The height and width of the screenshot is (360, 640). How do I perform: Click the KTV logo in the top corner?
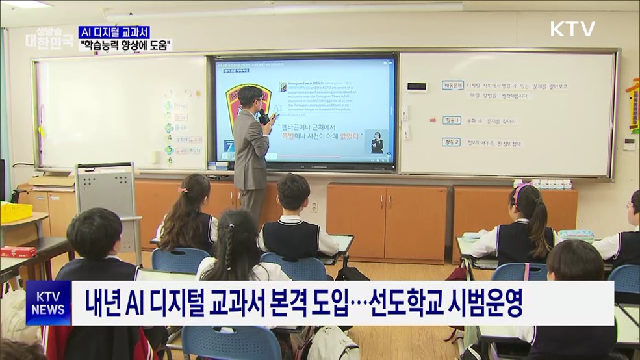pyautogui.click(x=572, y=29)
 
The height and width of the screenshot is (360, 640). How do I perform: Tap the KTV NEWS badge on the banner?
pyautogui.click(x=48, y=303)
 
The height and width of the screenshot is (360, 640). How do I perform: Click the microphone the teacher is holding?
pyautogui.click(x=264, y=118)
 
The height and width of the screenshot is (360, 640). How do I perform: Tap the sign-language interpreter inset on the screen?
pyautogui.click(x=378, y=142)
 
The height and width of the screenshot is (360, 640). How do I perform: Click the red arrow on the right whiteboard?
pyautogui.click(x=432, y=120)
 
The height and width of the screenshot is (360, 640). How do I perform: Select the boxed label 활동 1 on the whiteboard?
pyautogui.click(x=452, y=120)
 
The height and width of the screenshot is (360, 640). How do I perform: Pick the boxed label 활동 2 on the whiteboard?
pyautogui.click(x=452, y=142)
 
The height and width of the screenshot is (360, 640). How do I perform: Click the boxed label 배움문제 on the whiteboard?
pyautogui.click(x=452, y=85)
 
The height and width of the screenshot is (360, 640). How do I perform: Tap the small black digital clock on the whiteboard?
pyautogui.click(x=416, y=86)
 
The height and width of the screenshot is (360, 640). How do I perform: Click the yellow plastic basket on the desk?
pyautogui.click(x=16, y=212)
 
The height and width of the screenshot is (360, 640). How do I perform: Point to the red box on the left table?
pyautogui.click(x=18, y=251)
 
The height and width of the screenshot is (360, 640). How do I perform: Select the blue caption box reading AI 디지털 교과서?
pyautogui.click(x=114, y=32)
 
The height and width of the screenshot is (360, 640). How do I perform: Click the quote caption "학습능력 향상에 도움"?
pyautogui.click(x=125, y=45)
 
